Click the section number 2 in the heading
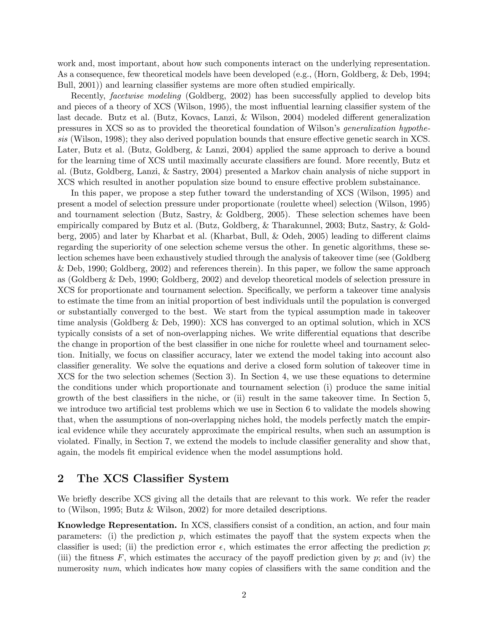[x=61, y=478]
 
